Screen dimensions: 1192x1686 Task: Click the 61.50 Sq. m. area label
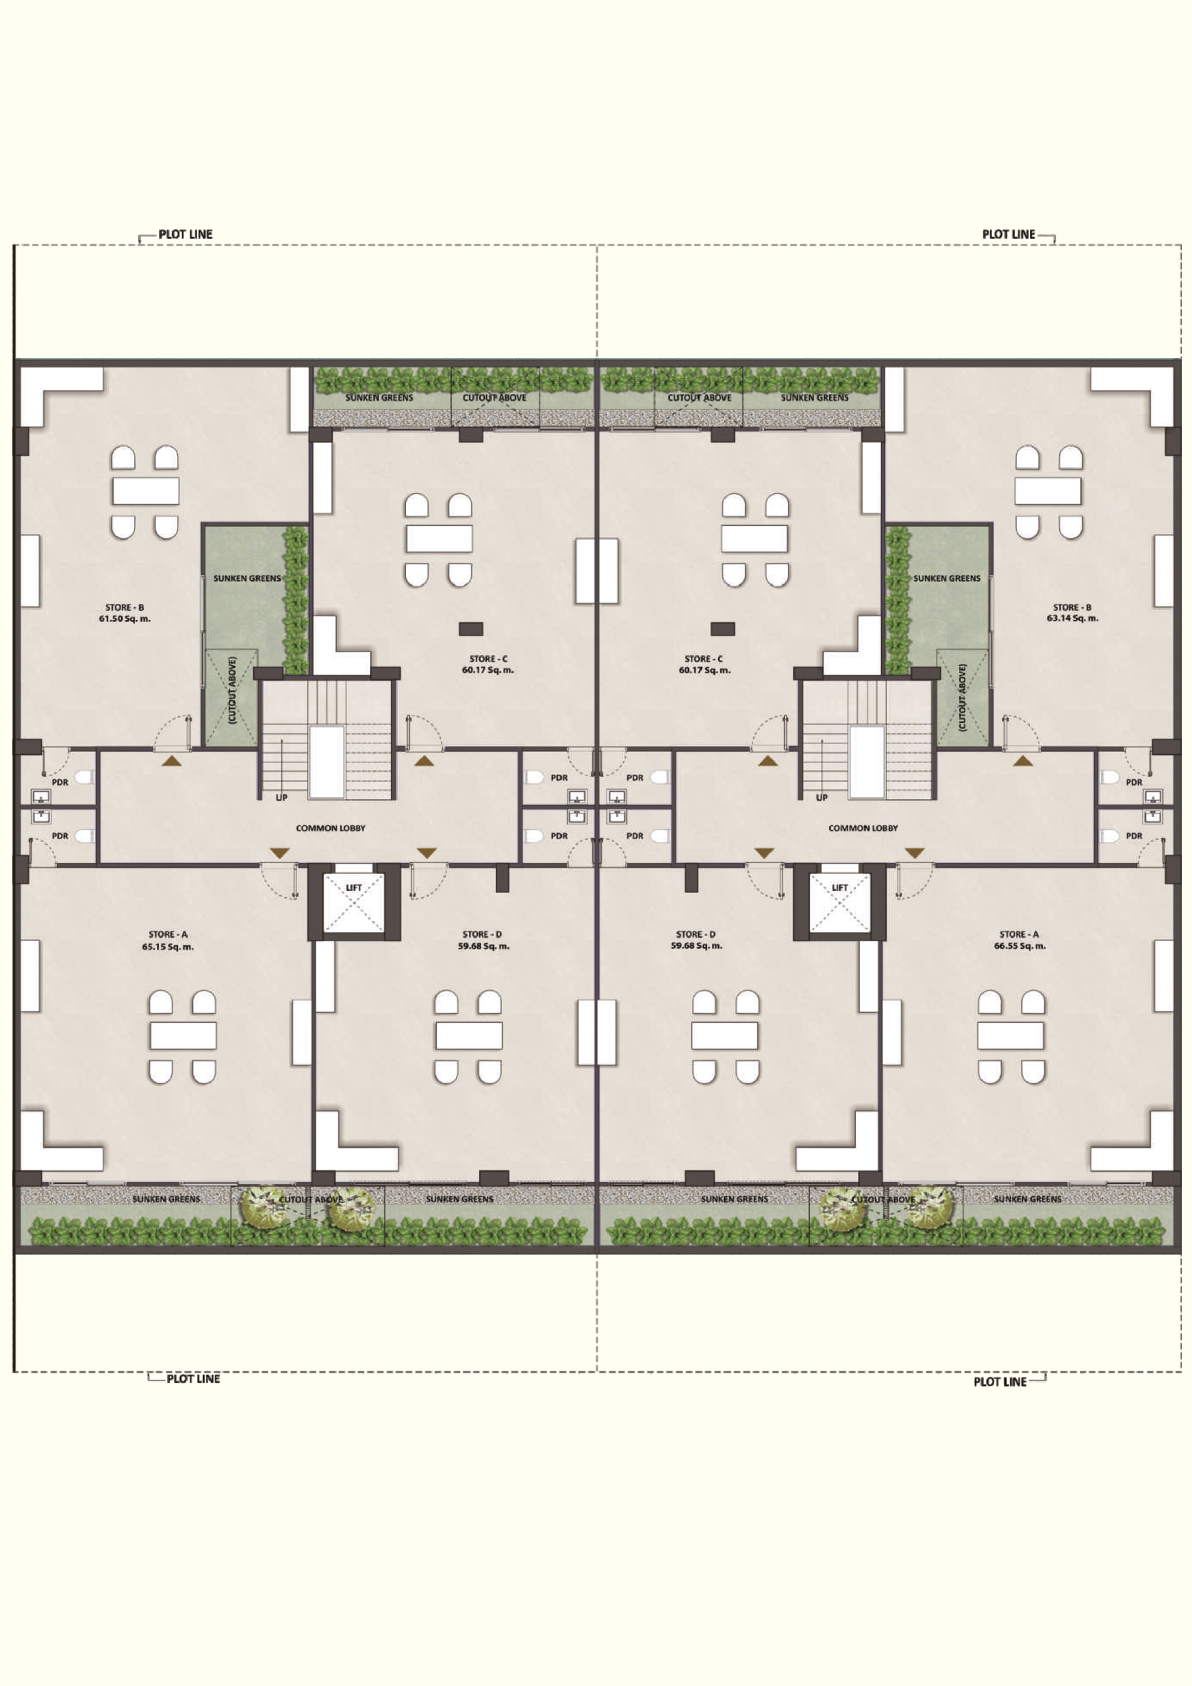[125, 618]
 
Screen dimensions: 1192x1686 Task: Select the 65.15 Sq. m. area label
[168, 947]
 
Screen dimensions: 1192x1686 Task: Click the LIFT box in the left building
[354, 903]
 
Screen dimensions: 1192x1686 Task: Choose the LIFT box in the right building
[839, 903]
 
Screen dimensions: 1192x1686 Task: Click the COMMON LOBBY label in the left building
[331, 828]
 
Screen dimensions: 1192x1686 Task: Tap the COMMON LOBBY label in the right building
[863, 828]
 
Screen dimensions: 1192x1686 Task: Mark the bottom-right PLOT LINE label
[999, 1381]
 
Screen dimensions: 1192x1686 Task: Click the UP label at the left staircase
[282, 798]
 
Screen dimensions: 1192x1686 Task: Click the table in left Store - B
[146, 490]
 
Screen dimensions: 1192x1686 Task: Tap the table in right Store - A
[1011, 1036]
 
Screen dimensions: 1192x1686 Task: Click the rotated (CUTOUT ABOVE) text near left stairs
[232, 690]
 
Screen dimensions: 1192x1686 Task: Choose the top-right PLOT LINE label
[1009, 234]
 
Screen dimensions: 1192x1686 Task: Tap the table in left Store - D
[469, 1036]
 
